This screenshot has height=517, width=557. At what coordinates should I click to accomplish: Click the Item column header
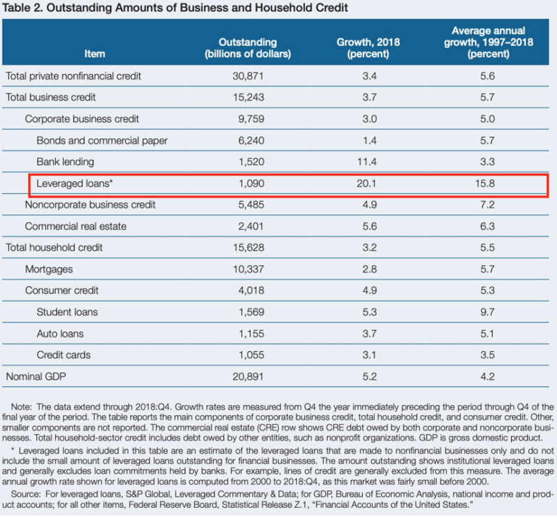pyautogui.click(x=95, y=54)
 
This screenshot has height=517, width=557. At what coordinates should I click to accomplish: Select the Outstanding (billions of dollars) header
pyautogui.click(x=248, y=48)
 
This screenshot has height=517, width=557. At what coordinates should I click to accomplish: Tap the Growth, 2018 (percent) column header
pyautogui.click(x=368, y=48)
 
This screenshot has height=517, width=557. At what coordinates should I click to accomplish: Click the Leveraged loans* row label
pyautogui.click(x=74, y=183)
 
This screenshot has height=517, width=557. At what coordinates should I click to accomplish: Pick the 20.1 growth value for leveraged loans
pyautogui.click(x=366, y=183)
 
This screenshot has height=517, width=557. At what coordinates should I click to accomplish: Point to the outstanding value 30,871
pyautogui.click(x=248, y=76)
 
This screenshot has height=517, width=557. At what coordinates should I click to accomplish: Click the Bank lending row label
pyautogui.click(x=65, y=162)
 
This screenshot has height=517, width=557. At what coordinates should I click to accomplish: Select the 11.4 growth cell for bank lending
pyautogui.click(x=367, y=162)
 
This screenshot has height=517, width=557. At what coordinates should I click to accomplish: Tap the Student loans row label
pyautogui.click(x=67, y=312)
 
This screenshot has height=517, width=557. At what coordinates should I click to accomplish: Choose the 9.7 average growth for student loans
pyautogui.click(x=487, y=312)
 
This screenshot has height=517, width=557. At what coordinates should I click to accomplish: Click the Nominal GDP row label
pyautogui.click(x=36, y=376)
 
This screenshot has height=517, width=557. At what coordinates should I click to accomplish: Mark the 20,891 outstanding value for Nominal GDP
pyautogui.click(x=248, y=376)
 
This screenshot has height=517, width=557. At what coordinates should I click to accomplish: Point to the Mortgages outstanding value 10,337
pyautogui.click(x=249, y=269)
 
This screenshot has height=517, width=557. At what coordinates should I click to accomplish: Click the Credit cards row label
pyautogui.click(x=63, y=355)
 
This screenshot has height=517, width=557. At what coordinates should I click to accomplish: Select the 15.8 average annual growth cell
pyautogui.click(x=485, y=183)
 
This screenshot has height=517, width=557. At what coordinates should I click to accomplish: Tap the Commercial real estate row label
pyautogui.click(x=76, y=226)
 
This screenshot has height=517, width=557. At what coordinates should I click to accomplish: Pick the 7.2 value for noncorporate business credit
pyautogui.click(x=487, y=205)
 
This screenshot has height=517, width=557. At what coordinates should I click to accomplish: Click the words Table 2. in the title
pyautogui.click(x=23, y=8)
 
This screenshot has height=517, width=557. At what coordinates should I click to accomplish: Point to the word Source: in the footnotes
pyautogui.click(x=26, y=494)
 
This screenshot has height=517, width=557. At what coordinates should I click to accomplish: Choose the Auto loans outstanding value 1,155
pyautogui.click(x=251, y=334)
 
